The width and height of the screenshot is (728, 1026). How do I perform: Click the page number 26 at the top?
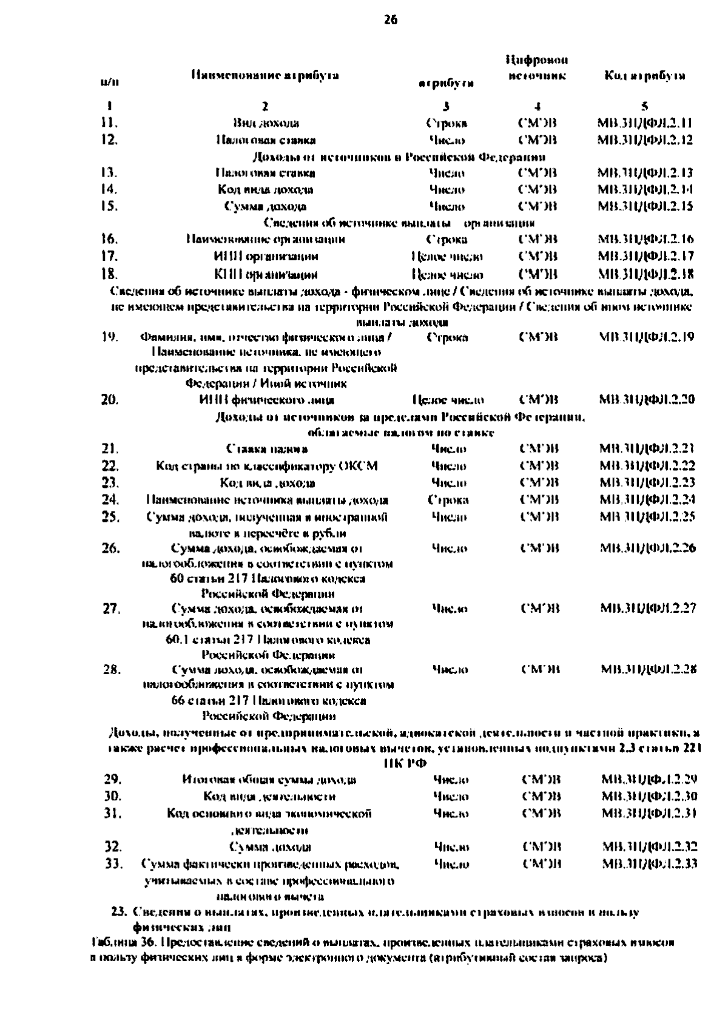390,21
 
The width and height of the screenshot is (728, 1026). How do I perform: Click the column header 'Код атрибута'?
645,76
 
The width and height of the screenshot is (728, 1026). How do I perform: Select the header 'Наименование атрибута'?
265,75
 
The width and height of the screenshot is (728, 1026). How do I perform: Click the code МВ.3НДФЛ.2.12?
645,140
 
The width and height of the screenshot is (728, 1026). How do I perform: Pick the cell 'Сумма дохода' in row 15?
266,206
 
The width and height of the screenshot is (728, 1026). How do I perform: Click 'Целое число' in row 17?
447,257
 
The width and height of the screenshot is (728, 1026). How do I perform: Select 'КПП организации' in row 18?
266,274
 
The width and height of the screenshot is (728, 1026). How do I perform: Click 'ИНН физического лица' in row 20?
266,400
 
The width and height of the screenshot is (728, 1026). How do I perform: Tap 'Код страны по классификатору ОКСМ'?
267,466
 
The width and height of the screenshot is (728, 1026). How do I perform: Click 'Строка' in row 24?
448,500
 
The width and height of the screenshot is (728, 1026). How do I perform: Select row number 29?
113,779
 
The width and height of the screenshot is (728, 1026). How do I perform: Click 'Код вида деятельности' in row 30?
269,796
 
